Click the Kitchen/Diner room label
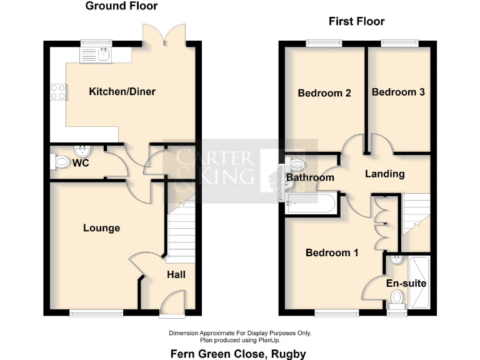[x=122, y=92]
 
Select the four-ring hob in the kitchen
[x=58, y=92]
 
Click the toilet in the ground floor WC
[x=61, y=162]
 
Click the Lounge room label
[x=101, y=228]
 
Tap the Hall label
[x=176, y=274]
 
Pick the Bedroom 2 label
[x=324, y=93]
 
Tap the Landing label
[x=384, y=174]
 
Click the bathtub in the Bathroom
[x=310, y=202]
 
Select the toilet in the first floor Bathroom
[x=296, y=164]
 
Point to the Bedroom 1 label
[x=331, y=253]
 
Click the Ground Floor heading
[x=121, y=6]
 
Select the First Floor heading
[x=357, y=22]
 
